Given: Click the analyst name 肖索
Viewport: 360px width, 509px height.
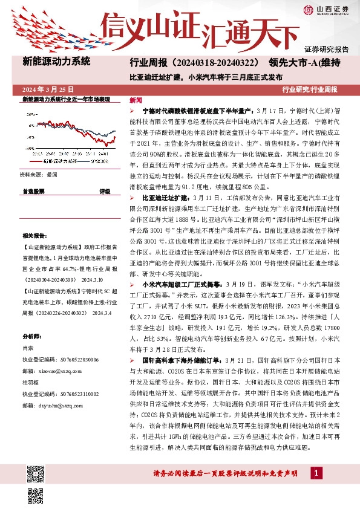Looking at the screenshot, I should (x=28, y=348).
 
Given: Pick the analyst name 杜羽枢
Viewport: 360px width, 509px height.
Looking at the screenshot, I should (x=30, y=383).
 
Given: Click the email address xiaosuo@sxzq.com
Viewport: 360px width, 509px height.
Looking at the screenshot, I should (x=54, y=371).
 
